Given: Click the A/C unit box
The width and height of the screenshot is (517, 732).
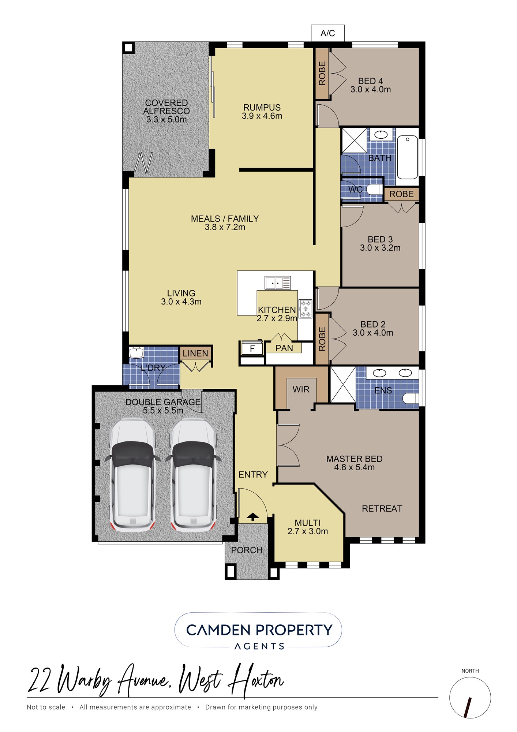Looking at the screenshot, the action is (x=327, y=33).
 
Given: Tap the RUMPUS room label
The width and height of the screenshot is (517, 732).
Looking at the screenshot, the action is (x=262, y=108).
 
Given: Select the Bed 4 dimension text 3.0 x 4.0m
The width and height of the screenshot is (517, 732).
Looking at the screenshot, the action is (x=371, y=89).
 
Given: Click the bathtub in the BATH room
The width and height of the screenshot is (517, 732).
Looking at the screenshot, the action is (x=407, y=157).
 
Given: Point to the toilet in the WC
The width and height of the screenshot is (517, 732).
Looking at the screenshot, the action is (x=374, y=190).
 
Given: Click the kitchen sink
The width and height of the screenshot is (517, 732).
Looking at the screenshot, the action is (x=278, y=283).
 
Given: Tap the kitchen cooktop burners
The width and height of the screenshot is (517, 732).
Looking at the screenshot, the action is (x=305, y=309).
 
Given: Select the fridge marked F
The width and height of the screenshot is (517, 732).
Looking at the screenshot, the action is (x=252, y=348).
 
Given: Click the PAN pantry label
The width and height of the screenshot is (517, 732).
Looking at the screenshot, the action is (x=284, y=348).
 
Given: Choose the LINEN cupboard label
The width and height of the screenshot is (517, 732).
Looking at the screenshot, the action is (x=195, y=353).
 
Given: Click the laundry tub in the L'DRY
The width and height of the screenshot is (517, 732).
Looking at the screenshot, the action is (x=136, y=353).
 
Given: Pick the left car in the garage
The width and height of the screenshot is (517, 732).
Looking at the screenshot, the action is (x=132, y=475).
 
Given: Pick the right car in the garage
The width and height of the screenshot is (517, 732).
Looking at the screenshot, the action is (x=193, y=475).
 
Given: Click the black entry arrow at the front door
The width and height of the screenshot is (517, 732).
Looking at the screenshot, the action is (x=252, y=517).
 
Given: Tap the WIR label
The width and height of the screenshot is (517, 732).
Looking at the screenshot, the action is (x=301, y=389).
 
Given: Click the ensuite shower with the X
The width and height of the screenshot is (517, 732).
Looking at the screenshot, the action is (x=343, y=385).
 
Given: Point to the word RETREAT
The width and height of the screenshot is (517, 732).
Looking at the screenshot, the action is (x=382, y=508).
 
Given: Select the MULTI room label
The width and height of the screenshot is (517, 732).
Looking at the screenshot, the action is (x=308, y=523).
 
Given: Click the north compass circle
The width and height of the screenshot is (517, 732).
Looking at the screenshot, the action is (x=470, y=698).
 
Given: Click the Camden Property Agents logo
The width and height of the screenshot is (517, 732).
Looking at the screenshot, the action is (x=258, y=630).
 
